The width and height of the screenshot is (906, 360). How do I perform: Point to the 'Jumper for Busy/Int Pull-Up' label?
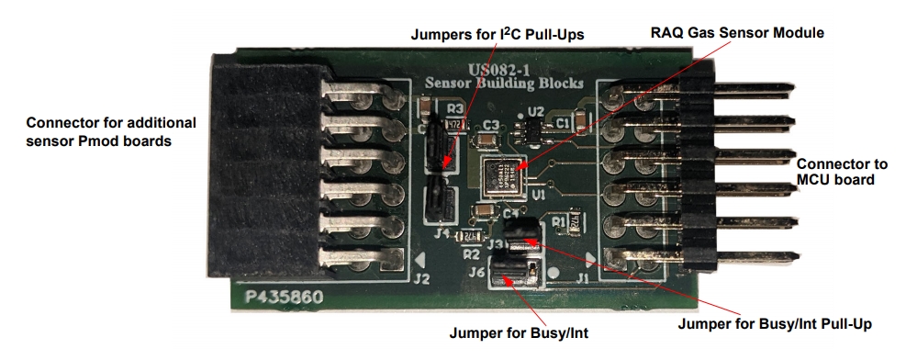(x=773, y=323)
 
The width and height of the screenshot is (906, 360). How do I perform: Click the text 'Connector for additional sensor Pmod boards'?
(x=111, y=131)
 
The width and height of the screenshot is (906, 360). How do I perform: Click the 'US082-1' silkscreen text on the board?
(x=502, y=69)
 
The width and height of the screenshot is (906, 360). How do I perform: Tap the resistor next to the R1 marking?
(x=576, y=221)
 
